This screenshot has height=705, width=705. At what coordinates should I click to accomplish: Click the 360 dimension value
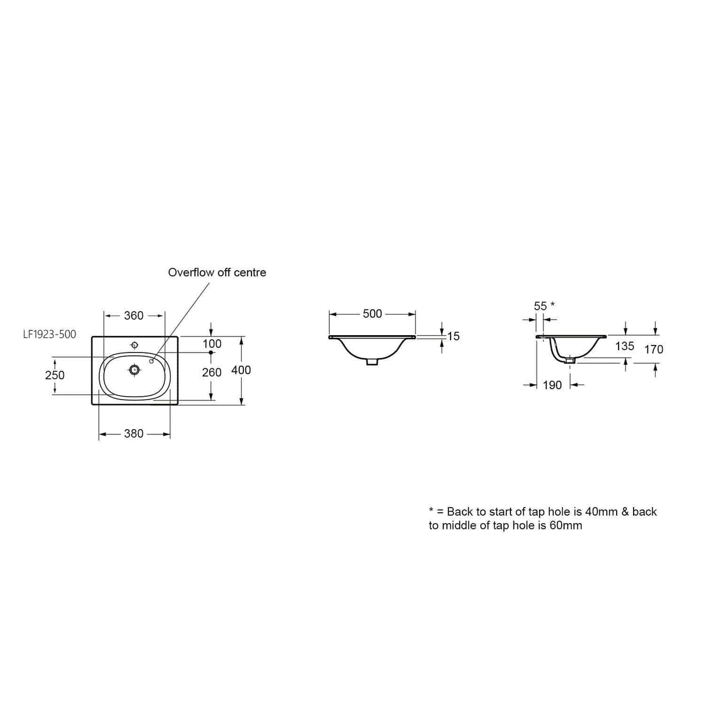[x=134, y=315]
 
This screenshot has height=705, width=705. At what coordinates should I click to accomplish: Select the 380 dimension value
[x=134, y=434]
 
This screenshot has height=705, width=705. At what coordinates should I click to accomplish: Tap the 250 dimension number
[x=55, y=375]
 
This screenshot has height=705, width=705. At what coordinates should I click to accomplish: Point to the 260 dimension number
[x=212, y=372]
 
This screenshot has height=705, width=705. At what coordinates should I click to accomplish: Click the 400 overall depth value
[x=241, y=371]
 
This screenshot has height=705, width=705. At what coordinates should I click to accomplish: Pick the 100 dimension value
[x=212, y=344]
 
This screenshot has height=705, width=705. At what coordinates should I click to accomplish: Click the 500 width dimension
[x=372, y=314]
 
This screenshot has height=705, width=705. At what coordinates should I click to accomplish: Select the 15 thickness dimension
[x=454, y=336]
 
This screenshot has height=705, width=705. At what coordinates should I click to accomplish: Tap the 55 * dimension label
[x=544, y=305]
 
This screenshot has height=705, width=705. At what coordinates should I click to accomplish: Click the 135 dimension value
[x=624, y=346]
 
